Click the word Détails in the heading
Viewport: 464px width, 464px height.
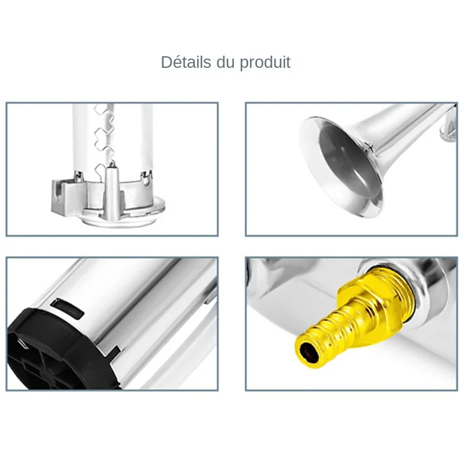(x=186, y=62)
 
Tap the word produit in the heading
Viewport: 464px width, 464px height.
(x=265, y=63)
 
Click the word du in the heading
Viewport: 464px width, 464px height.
(x=226, y=62)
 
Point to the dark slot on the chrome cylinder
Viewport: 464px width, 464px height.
(x=67, y=309)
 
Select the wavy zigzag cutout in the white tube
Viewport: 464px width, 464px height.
(x=104, y=139)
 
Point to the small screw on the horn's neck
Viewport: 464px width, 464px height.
(x=368, y=147)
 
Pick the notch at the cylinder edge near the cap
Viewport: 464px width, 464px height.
(x=114, y=351)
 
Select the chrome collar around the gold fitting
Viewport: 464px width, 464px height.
(x=420, y=284)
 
